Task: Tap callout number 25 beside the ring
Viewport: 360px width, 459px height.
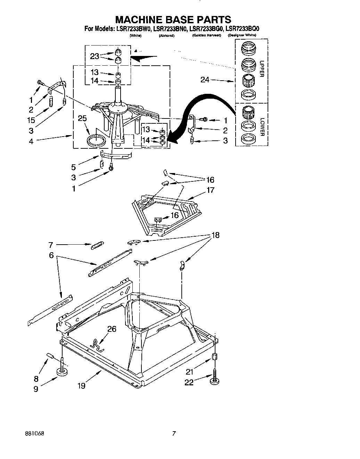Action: click(82, 119)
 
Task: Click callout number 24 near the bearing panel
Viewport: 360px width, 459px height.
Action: click(205, 80)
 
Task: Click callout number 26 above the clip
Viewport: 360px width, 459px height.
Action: click(112, 329)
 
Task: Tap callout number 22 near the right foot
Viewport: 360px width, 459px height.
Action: click(189, 382)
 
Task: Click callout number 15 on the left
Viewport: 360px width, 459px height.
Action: click(31, 120)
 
